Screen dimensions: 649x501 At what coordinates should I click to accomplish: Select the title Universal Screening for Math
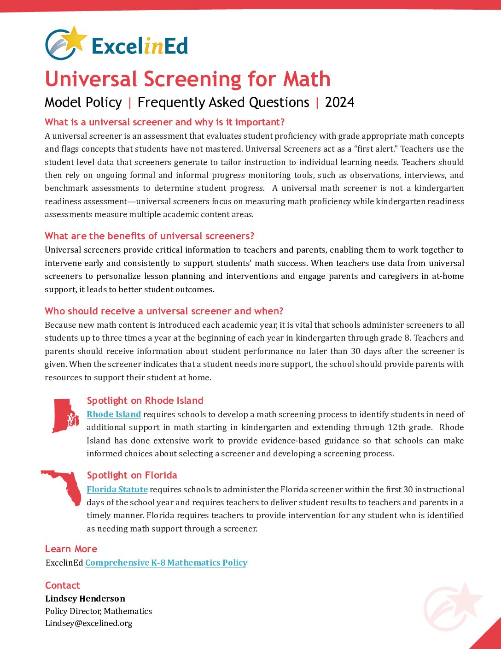[x=187, y=79]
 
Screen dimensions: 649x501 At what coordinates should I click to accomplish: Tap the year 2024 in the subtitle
[x=339, y=102]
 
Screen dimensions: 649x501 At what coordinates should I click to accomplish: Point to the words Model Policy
[x=83, y=102]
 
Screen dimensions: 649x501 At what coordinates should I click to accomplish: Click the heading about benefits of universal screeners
[x=149, y=236]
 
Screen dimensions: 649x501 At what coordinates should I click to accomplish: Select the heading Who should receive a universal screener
[x=164, y=311]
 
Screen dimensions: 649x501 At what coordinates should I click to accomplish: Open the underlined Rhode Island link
[x=114, y=414]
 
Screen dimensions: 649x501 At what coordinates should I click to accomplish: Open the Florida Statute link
[x=117, y=490]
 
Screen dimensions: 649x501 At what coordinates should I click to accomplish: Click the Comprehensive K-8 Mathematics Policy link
[x=166, y=563]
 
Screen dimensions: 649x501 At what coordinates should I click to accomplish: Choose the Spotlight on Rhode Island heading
[x=145, y=401]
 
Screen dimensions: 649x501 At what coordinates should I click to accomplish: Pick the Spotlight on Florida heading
[x=132, y=475]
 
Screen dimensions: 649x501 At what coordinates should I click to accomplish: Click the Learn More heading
[x=71, y=549]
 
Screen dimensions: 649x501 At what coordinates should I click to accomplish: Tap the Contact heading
[x=63, y=585]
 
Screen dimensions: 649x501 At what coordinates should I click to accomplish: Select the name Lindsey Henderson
[x=85, y=599]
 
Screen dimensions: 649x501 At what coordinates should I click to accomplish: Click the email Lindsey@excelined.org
[x=89, y=623]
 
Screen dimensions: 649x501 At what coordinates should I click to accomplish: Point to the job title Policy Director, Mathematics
[x=99, y=611]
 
